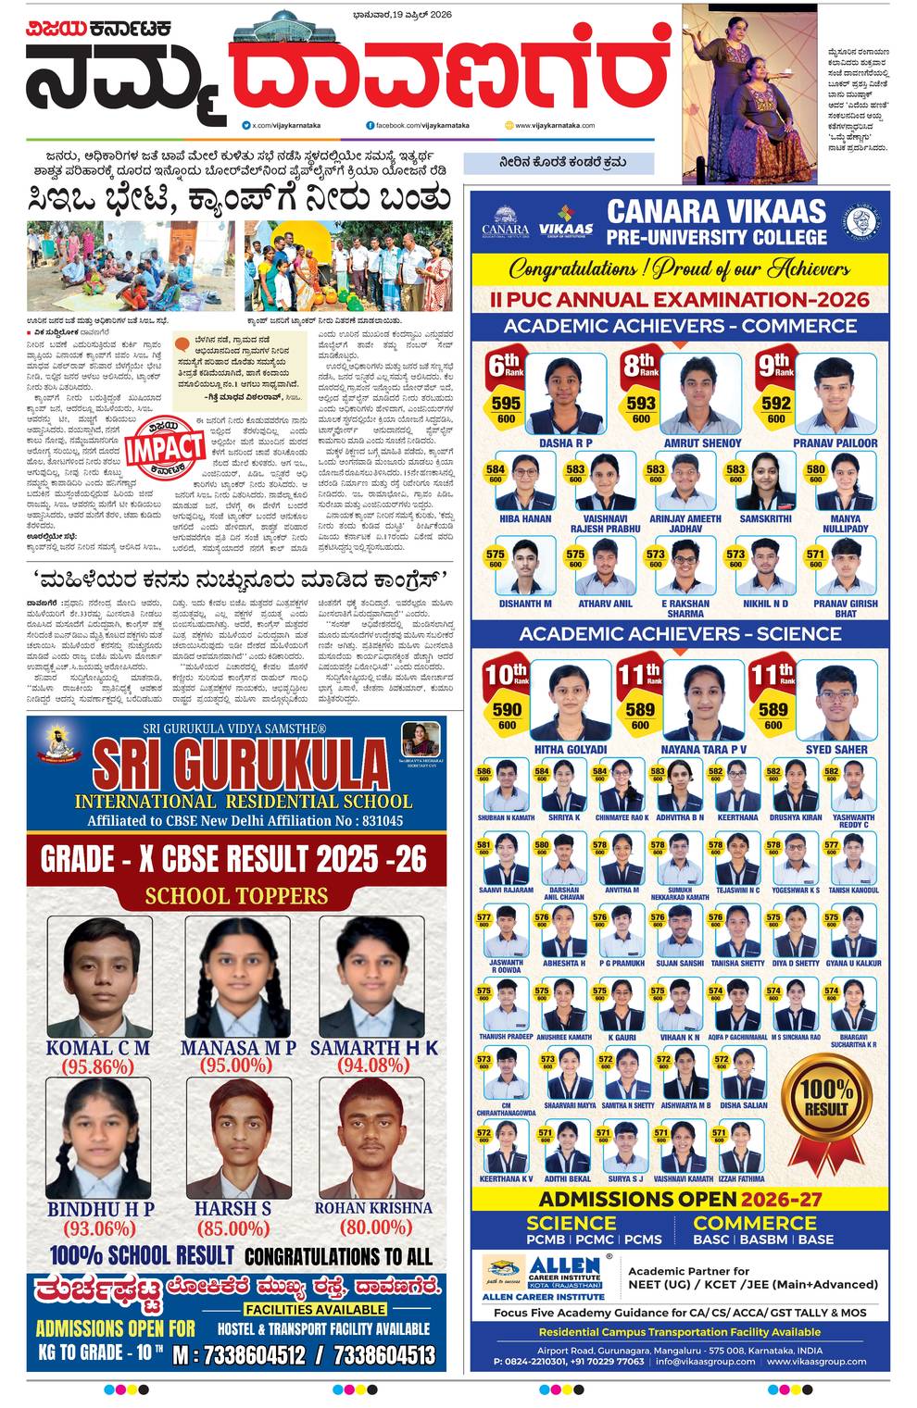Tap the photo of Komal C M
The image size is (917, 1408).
(x=98, y=978)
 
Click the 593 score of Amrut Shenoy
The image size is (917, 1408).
(x=641, y=404)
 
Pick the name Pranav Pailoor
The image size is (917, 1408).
(x=835, y=443)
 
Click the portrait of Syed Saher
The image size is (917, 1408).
(x=836, y=703)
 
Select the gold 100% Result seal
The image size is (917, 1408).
(x=826, y=1098)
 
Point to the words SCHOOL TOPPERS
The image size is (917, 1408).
(x=236, y=895)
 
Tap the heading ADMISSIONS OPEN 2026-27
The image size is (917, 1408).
(x=681, y=1199)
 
